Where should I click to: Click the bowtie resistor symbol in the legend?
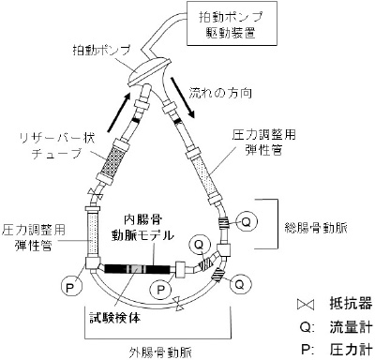pos(305,305)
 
